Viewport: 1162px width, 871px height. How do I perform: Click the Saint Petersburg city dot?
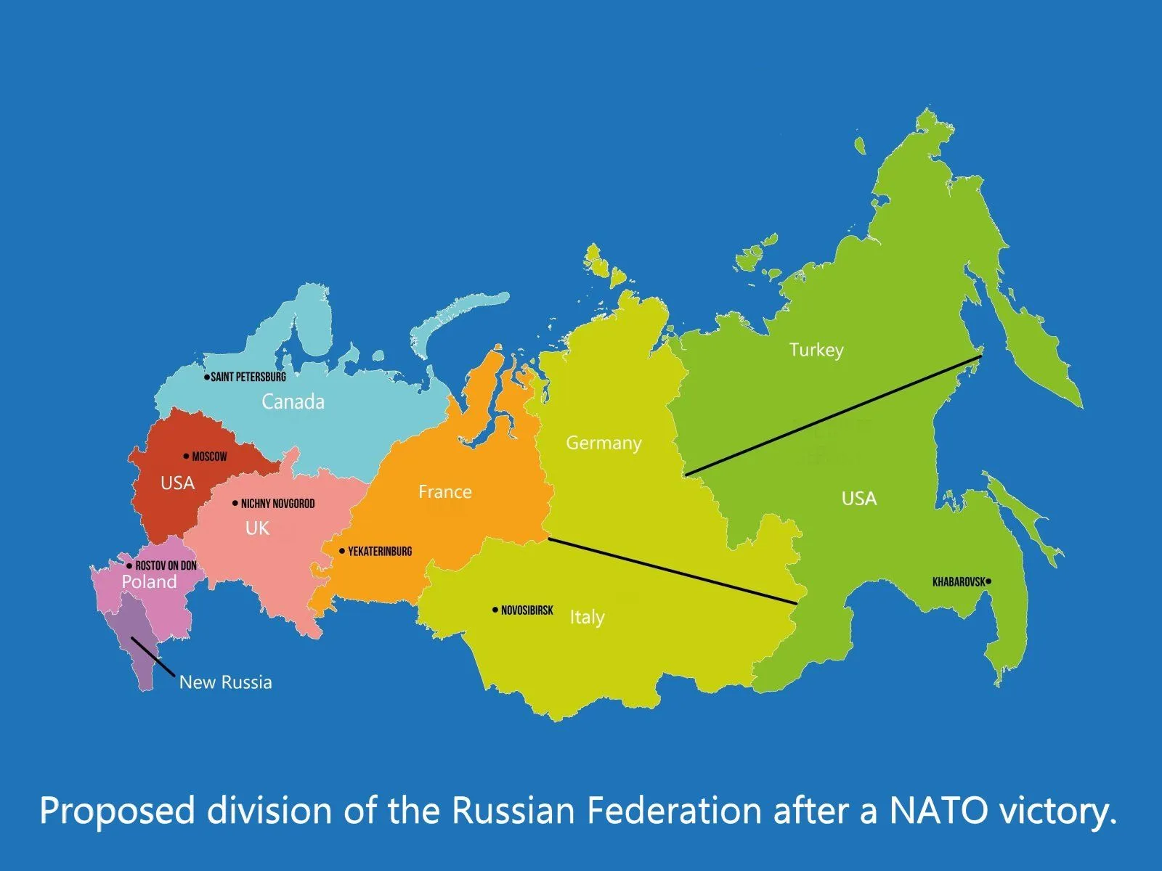point(206,377)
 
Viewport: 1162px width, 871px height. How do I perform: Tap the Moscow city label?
point(209,457)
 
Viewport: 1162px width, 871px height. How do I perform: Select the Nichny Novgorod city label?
point(277,504)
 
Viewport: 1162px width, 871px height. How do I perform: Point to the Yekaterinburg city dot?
point(342,551)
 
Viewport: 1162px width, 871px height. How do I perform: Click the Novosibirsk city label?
point(527,610)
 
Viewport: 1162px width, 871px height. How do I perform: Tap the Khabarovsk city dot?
point(988,581)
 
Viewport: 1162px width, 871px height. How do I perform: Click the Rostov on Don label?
point(166,565)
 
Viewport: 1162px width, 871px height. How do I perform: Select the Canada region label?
point(293,401)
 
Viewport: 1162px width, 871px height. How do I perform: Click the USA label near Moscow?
point(177,483)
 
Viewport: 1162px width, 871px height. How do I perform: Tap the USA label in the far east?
point(858,499)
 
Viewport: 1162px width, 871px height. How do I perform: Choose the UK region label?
point(257,528)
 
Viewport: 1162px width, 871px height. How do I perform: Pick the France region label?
point(444,492)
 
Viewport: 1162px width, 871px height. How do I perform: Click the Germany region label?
point(604,443)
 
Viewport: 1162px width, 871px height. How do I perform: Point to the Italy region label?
point(587,617)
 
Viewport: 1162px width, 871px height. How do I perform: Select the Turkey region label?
point(816,350)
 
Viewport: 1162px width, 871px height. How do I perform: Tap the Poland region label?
point(149,582)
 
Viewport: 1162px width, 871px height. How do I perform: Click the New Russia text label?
point(225,682)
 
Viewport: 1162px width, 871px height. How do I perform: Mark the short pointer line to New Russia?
point(153,657)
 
